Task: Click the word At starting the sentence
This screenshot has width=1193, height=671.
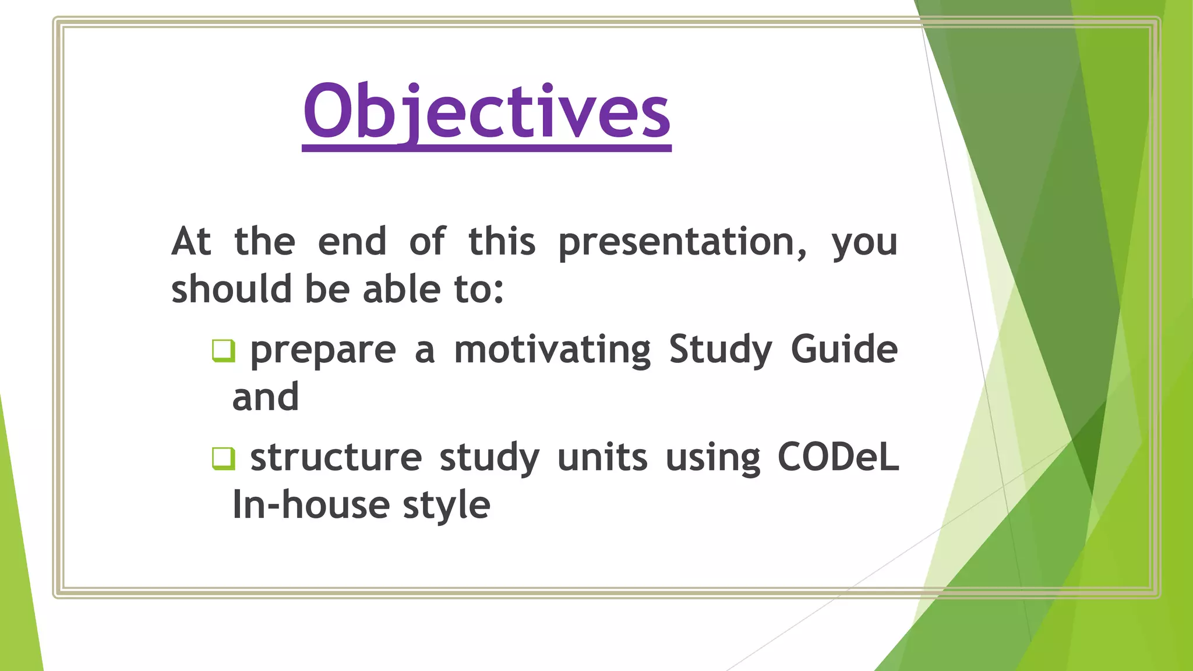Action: [191, 241]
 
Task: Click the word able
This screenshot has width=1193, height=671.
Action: [401, 289]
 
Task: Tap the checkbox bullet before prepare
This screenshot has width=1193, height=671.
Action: [223, 350]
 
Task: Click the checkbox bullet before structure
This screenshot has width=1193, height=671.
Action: [223, 458]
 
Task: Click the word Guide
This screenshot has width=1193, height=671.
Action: [844, 349]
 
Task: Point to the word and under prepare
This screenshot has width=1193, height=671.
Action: [266, 397]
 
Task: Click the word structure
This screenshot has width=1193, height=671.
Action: [336, 458]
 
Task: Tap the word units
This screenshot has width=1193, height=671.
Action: [602, 458]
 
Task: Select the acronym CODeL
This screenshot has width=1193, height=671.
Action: [838, 457]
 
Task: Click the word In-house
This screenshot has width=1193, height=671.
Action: [310, 505]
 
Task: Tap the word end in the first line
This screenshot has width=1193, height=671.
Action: [352, 242]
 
